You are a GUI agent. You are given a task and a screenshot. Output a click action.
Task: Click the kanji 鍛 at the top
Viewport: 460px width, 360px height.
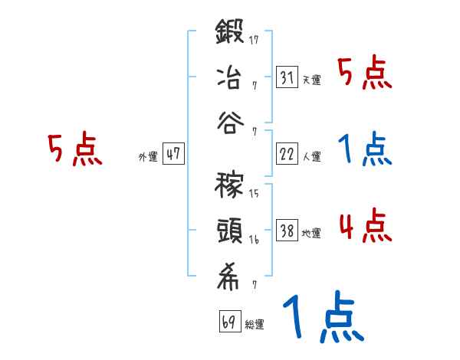point(230,33)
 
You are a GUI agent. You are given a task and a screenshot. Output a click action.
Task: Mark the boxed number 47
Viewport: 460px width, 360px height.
point(173,154)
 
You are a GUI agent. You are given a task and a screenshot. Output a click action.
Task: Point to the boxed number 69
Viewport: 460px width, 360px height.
point(228,321)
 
